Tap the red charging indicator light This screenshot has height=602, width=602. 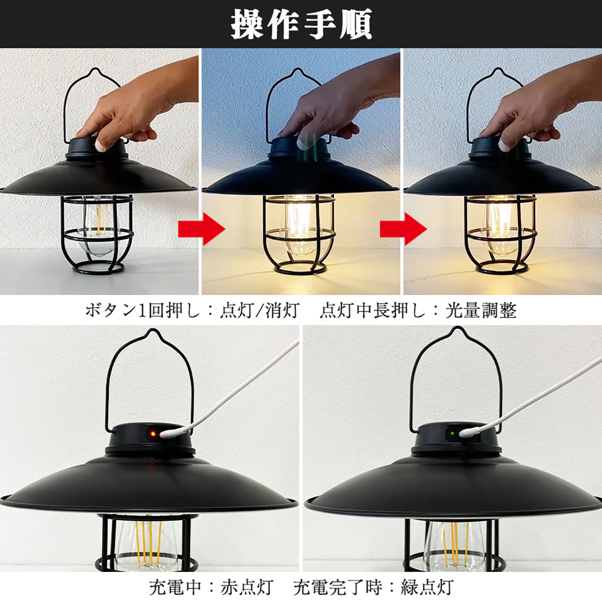pyautogui.click(x=153, y=434)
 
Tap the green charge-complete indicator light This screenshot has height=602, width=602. pyautogui.click(x=452, y=433)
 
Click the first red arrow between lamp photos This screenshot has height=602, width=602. pyautogui.click(x=202, y=229)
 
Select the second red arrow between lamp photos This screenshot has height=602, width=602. pyautogui.click(x=403, y=229)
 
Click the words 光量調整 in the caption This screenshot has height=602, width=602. pyautogui.click(x=481, y=311)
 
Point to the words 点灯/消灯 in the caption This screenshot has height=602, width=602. pyautogui.click(x=259, y=311)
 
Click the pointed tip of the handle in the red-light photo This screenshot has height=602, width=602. pyautogui.click(x=152, y=330)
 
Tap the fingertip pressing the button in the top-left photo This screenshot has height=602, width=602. pyautogui.click(x=100, y=145)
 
